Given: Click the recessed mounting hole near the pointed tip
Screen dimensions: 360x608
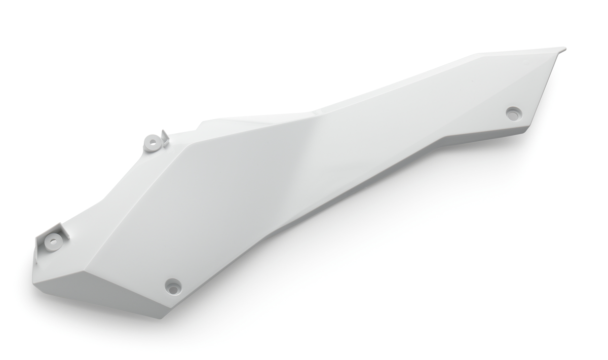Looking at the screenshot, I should (513, 113).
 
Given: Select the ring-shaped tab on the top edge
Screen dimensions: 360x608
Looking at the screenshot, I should (151, 143).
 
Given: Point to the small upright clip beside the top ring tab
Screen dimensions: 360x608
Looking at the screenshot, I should (165, 138).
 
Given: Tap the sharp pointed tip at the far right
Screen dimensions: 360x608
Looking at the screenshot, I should (564, 49).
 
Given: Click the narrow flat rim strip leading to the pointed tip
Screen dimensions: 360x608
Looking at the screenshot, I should (517, 52).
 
